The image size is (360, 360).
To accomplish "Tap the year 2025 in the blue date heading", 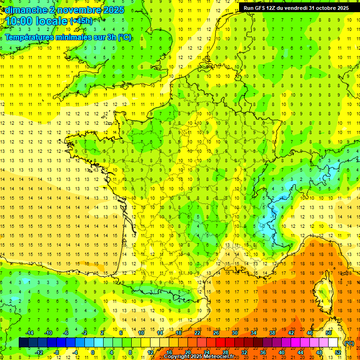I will tap(112, 9).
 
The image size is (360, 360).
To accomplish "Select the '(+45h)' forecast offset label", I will tap(81, 21).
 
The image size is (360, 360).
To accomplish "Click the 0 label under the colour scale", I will tap(93, 352).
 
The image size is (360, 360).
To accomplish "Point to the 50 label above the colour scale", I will tap(329, 333).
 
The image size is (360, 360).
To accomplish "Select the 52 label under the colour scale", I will tap(337, 352).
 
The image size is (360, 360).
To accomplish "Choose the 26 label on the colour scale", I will tap(216, 333).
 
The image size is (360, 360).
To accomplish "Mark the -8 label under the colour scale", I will tap(56, 352).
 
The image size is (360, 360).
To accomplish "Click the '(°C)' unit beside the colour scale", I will tap(349, 343).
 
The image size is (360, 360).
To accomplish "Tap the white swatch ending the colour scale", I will tap(333, 343).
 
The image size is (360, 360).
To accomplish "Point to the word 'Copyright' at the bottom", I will tap(177, 357).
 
